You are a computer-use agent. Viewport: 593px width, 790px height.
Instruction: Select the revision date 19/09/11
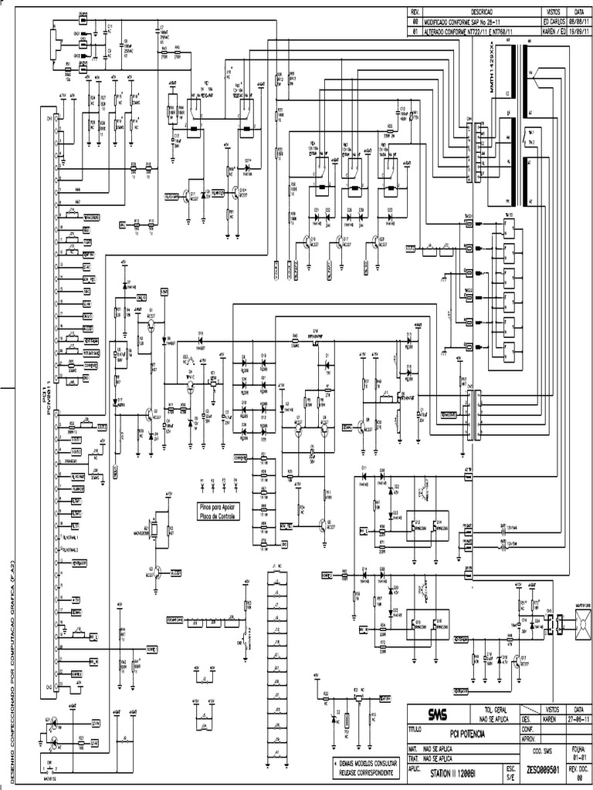coord(574,32)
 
